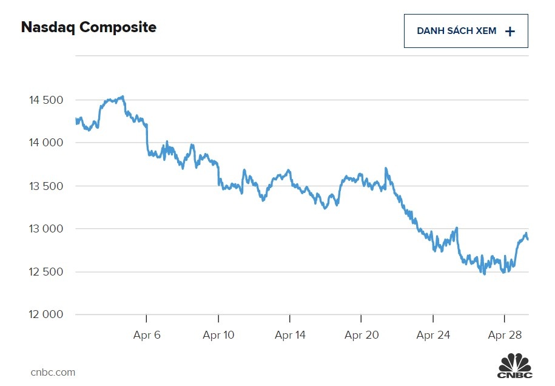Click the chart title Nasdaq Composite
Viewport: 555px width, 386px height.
89,27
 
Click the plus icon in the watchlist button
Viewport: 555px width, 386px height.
510,32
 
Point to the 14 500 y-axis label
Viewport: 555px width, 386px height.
46,100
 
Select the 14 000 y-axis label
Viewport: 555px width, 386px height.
46,143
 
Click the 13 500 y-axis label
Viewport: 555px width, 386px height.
46,186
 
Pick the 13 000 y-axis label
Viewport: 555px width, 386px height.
46,229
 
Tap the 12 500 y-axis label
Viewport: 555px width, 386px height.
46,272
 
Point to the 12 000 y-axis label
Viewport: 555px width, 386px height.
46,315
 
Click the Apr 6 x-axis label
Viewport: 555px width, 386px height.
147,335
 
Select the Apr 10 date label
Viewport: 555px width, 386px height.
218,335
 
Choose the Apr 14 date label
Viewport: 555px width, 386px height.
290,335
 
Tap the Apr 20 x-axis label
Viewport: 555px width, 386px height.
362,335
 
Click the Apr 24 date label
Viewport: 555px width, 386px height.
433,335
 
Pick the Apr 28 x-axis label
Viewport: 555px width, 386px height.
505,335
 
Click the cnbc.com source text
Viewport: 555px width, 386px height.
53,372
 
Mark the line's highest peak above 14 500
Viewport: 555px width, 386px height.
123,96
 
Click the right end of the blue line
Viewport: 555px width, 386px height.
528,239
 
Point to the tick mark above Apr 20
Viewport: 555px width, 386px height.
362,318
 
